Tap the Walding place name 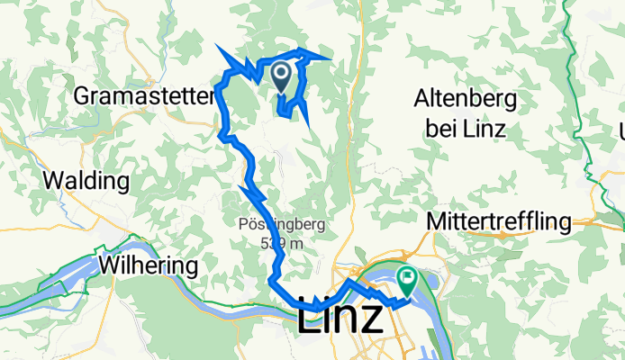click(x=86, y=181)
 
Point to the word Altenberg click(x=466, y=99)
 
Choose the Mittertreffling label click(x=500, y=221)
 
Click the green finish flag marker click(x=406, y=280)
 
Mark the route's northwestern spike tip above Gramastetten click(x=217, y=46)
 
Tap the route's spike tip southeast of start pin click(x=310, y=123)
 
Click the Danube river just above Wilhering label click(x=144, y=246)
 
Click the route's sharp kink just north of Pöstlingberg click(x=243, y=187)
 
